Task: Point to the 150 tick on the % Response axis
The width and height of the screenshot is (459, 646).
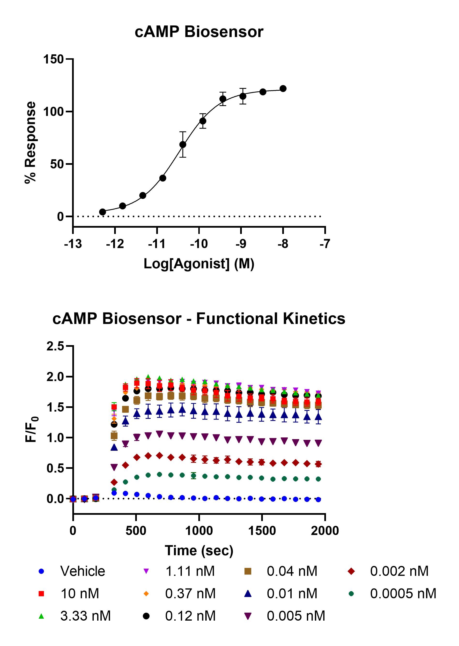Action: click(x=53, y=59)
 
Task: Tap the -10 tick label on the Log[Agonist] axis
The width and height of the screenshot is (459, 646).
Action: click(x=199, y=243)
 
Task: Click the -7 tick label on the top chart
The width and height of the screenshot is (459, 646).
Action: click(x=325, y=243)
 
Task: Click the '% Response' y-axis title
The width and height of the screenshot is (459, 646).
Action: click(x=30, y=143)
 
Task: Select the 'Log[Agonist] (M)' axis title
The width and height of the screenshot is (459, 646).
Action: click(x=199, y=264)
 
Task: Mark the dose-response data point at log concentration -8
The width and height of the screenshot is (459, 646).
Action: click(x=283, y=89)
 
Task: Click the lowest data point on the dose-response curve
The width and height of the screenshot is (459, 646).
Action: click(x=103, y=212)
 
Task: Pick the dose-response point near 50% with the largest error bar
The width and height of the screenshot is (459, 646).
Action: click(x=183, y=145)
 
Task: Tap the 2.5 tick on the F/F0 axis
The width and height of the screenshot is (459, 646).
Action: click(x=55, y=346)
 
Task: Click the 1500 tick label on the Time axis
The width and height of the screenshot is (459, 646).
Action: click(x=262, y=530)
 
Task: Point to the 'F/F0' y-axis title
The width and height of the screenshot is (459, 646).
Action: click(x=31, y=429)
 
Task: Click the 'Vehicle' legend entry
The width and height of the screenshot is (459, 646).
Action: click(x=82, y=571)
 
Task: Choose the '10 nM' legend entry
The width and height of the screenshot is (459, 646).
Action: click(x=80, y=594)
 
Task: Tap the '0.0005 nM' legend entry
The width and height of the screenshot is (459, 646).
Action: click(x=403, y=594)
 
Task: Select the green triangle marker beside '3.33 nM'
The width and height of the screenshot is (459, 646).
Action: click(x=41, y=616)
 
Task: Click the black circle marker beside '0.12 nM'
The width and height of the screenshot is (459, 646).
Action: click(x=146, y=616)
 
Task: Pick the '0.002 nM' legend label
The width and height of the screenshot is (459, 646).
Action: click(x=399, y=571)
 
